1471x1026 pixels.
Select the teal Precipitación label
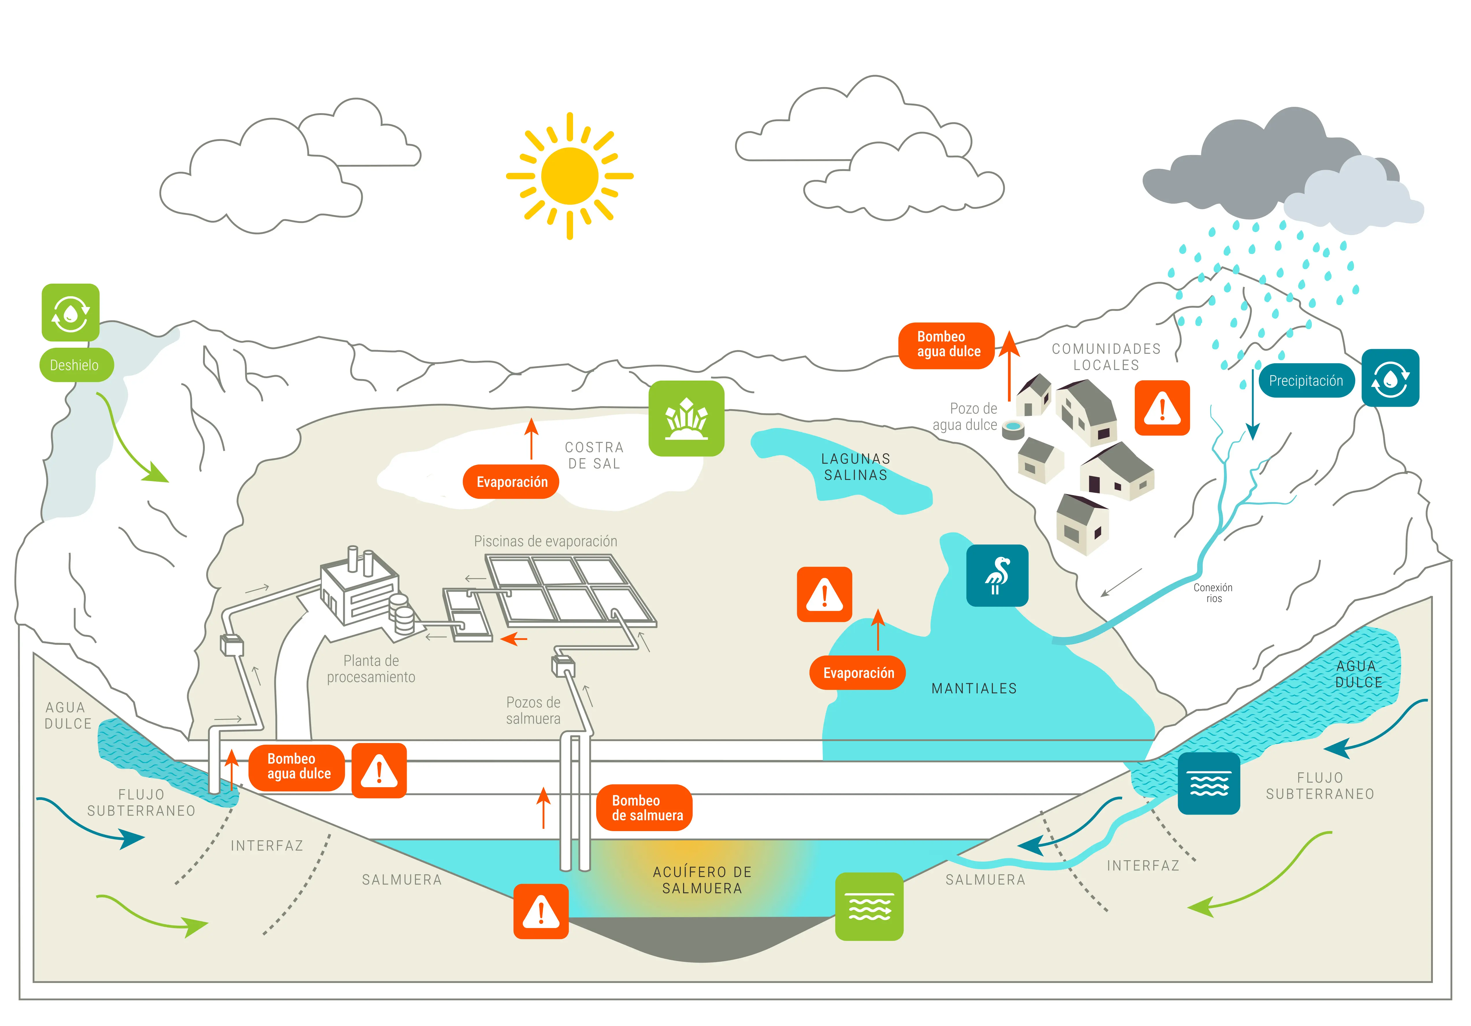(x=1306, y=381)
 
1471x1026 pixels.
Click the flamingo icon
(x=997, y=575)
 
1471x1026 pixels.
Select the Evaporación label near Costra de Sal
(x=511, y=482)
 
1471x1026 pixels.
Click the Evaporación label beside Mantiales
(x=858, y=673)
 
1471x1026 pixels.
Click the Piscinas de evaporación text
(x=545, y=541)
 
